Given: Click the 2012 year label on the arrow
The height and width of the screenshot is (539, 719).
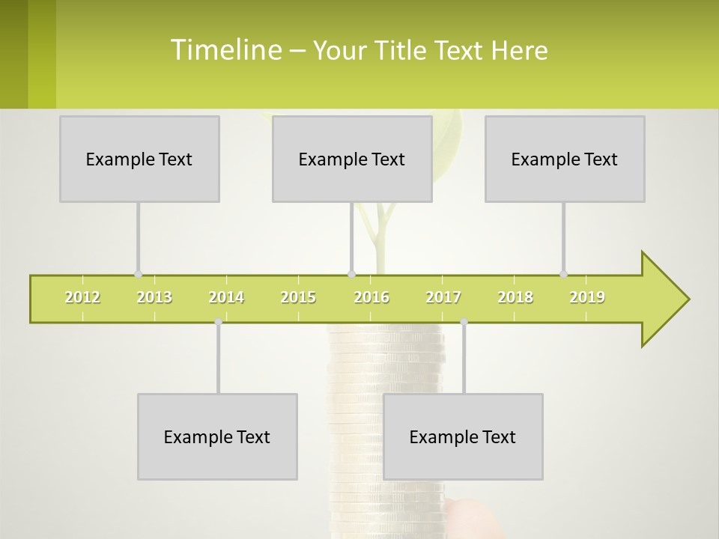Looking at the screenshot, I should pos(82,297).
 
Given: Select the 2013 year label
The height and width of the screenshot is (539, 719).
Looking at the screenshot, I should pos(154,297).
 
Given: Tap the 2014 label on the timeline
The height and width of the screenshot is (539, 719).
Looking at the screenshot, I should pos(226,297).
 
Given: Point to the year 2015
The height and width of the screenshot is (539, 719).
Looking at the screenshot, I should pos(298,297).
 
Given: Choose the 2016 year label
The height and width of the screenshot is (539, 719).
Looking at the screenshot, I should pos(371,297).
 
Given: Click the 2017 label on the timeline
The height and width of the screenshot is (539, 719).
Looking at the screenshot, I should pos(443,297).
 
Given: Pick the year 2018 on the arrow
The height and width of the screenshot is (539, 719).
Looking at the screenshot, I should pos(515,297).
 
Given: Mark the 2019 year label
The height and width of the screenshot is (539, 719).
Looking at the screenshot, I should pos(587,297).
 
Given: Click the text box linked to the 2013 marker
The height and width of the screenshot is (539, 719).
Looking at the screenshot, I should pos(139,159).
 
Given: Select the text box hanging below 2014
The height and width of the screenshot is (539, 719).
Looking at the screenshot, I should pos(217,436).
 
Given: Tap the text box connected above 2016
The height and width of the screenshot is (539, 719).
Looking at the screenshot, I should pos(352,159).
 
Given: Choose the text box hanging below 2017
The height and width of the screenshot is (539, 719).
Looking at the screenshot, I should pos(463,436).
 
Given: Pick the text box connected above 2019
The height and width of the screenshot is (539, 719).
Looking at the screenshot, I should pos(565,159).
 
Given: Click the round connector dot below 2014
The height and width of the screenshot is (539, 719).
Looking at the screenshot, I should pos(218,321).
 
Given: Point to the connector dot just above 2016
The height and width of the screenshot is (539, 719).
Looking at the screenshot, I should pos(351,274).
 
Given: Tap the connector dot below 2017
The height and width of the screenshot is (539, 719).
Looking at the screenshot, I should pos(464,321).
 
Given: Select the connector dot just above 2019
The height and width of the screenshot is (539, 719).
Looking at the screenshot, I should pos(563,274).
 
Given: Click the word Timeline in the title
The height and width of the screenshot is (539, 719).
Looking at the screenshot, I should pos(225,50).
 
